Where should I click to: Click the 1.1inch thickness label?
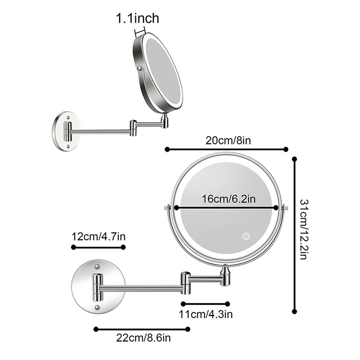coord(138,18)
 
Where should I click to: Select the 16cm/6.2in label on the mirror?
coord(225,199)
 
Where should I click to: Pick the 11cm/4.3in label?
coord(205,313)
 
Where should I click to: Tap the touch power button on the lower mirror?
coord(246,236)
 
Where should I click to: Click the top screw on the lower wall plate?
coord(97,268)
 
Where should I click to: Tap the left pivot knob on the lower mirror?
coord(167,208)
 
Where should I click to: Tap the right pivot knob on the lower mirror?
coord(284,208)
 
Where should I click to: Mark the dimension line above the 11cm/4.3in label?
coord(206,303)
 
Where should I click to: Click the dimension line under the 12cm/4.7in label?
coord(98,247)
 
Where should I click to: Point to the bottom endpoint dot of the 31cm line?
coord(295,310)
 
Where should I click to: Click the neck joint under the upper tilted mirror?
coord(165,120)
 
